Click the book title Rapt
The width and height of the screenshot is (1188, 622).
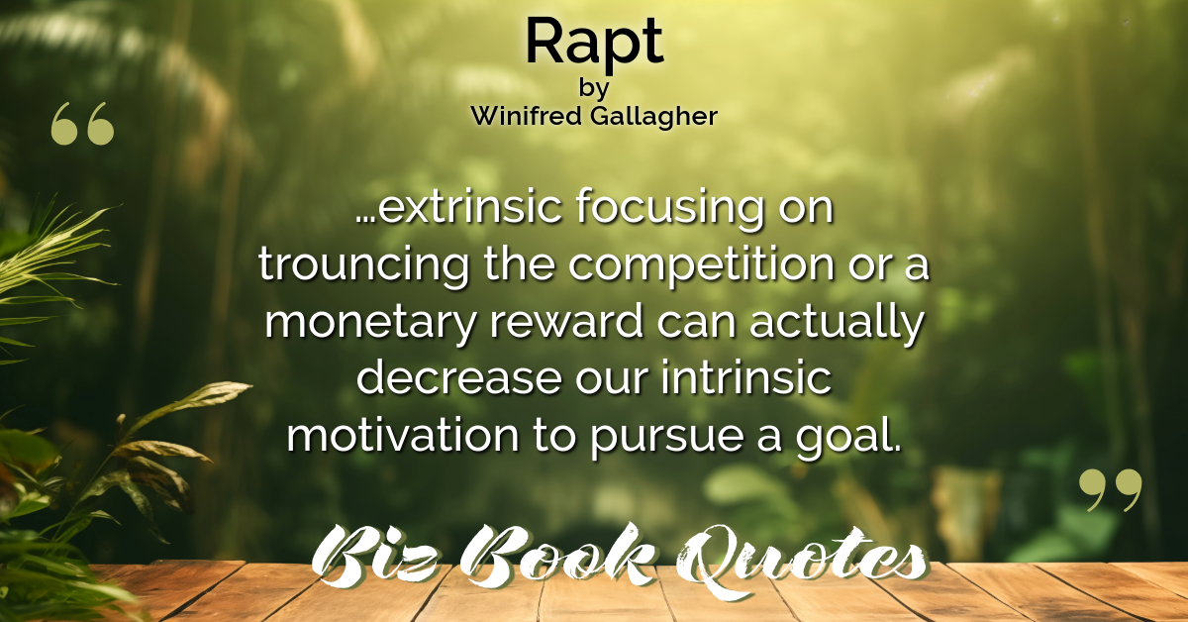point(594,44)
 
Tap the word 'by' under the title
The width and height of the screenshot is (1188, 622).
point(594,88)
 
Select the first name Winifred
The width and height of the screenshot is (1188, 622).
point(526,115)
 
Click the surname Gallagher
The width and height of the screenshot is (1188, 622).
point(654,117)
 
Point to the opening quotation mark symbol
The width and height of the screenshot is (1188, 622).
point(82,124)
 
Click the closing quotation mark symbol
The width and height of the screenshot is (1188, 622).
point(1110,490)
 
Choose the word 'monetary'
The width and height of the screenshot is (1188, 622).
point(369,324)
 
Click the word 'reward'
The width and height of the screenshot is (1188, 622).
point(566,322)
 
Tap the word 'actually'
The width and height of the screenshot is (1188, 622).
point(837,324)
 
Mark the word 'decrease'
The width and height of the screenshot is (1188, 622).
point(458,378)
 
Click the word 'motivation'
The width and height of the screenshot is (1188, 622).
point(403,436)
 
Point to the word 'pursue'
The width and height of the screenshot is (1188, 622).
point(666,439)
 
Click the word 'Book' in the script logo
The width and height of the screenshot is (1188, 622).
point(556,556)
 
